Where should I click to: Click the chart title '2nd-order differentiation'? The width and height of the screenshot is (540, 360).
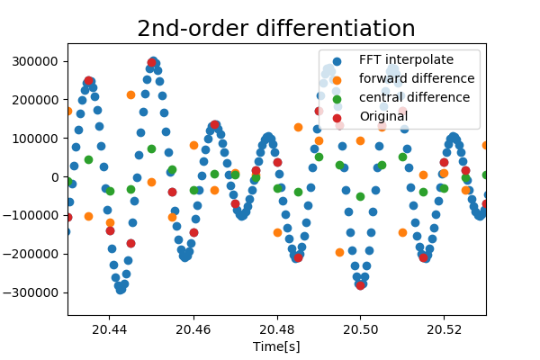[276, 28]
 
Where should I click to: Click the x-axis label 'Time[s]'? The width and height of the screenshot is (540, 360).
[276, 346]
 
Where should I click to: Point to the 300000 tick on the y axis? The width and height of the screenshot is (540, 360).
[38, 61]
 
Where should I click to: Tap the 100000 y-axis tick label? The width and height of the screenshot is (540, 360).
[38, 139]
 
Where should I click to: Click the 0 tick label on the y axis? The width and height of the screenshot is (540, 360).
[56, 177]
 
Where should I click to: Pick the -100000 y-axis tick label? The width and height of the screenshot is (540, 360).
[35, 216]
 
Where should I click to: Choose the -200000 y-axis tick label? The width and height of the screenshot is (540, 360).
[35, 255]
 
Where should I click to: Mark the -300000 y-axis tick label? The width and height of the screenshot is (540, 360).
[35, 292]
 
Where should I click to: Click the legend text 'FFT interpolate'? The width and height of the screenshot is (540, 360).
[406, 60]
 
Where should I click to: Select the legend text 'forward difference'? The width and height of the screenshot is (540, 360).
[415, 79]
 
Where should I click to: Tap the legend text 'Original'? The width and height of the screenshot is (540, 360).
[384, 117]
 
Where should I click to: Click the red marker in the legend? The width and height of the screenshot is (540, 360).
[337, 117]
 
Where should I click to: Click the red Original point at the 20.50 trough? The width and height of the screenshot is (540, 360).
[360, 284]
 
